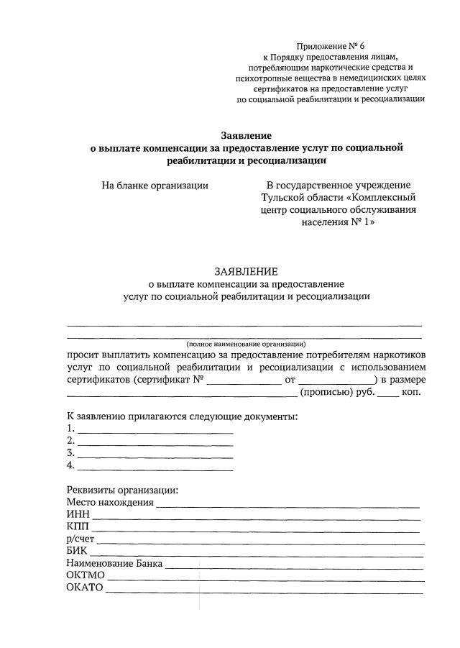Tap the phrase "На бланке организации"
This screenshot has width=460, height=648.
pos(155,185)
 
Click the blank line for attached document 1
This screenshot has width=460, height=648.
pos(155,429)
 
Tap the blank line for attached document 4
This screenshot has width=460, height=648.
pos(155,466)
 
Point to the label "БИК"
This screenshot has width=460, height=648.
pos(77,551)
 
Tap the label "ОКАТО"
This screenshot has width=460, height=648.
pos(86,588)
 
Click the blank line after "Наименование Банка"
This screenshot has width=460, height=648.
pos(294,564)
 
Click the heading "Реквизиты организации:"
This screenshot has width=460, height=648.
pos(122,490)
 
